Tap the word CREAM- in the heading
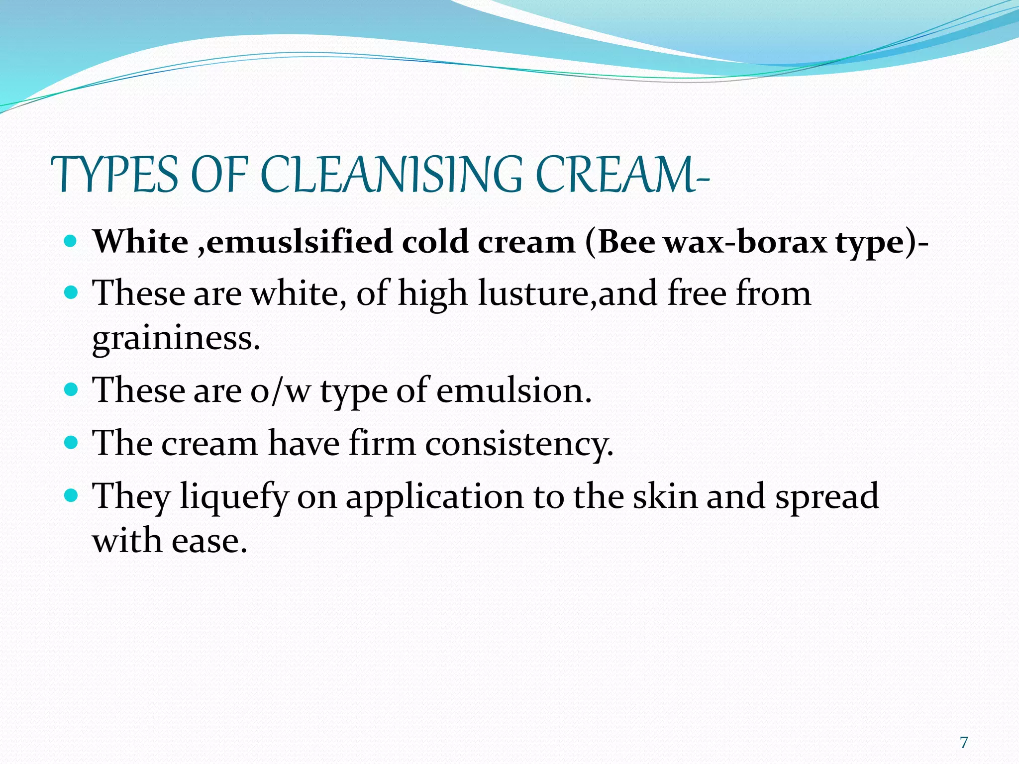click(x=622, y=175)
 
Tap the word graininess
click(x=176, y=338)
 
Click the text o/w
click(x=280, y=390)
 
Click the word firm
click(x=382, y=443)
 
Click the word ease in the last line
click(x=209, y=541)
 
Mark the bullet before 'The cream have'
click(x=72, y=442)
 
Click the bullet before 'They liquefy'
click(x=72, y=495)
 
